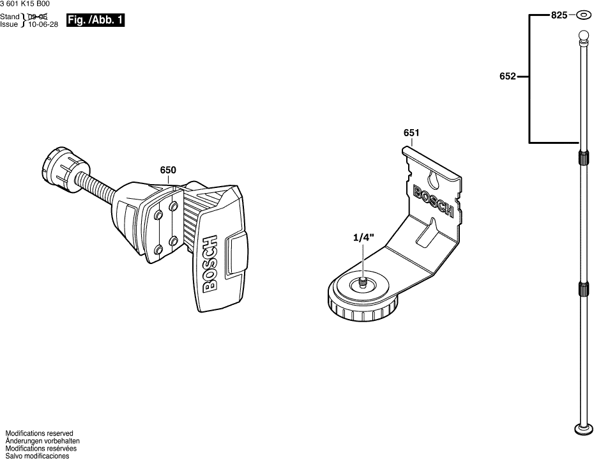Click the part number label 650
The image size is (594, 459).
pyautogui.click(x=168, y=170)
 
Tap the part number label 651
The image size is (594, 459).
pyautogui.click(x=411, y=133)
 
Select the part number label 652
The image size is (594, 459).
pyautogui.click(x=508, y=77)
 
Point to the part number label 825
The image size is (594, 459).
pyautogui.click(x=559, y=15)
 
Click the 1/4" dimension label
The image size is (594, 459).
pyautogui.click(x=363, y=237)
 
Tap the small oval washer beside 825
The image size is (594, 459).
pyautogui.click(x=583, y=15)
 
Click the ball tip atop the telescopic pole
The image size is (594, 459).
pyautogui.click(x=583, y=35)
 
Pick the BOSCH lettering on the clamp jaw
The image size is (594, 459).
pyautogui.click(x=210, y=264)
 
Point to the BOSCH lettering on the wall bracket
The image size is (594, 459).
pyautogui.click(x=434, y=203)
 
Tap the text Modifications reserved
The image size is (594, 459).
pyautogui.click(x=39, y=433)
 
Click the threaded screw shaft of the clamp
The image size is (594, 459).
pyautogui.click(x=96, y=185)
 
